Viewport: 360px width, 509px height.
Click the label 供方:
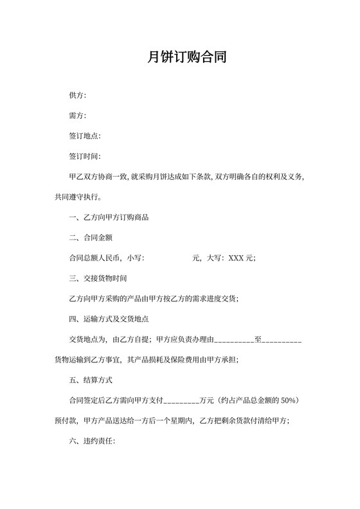point(77,96)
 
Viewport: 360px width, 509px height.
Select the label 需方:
point(77,116)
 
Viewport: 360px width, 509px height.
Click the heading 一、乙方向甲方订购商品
point(109,217)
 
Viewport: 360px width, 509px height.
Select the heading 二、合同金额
point(91,238)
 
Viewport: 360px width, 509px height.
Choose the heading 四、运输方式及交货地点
point(109,319)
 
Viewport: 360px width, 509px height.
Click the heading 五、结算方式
point(91,380)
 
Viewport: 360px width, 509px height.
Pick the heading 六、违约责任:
point(92,441)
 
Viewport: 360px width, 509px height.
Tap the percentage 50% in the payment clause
point(287,400)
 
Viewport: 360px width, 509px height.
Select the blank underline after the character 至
point(282,340)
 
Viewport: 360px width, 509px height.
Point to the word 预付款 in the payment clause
point(65,421)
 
